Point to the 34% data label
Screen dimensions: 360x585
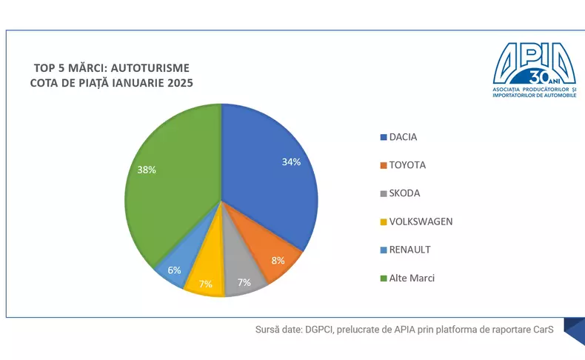pyautogui.click(x=291, y=161)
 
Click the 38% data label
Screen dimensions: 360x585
pyautogui.click(x=146, y=170)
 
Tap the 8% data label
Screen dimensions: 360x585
pyautogui.click(x=278, y=261)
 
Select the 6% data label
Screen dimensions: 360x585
pyautogui.click(x=175, y=270)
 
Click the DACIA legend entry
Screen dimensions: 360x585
pyautogui.click(x=403, y=137)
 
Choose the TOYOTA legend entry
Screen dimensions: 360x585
pyautogui.click(x=407, y=165)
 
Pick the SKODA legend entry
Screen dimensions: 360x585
pyautogui.click(x=404, y=193)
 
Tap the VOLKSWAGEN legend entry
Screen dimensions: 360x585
pyautogui.click(x=421, y=221)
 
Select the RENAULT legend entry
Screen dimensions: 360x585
pyautogui.click(x=409, y=250)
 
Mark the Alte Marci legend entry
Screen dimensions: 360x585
pyautogui.click(x=412, y=278)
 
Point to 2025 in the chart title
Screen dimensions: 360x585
pyautogui.click(x=179, y=83)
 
